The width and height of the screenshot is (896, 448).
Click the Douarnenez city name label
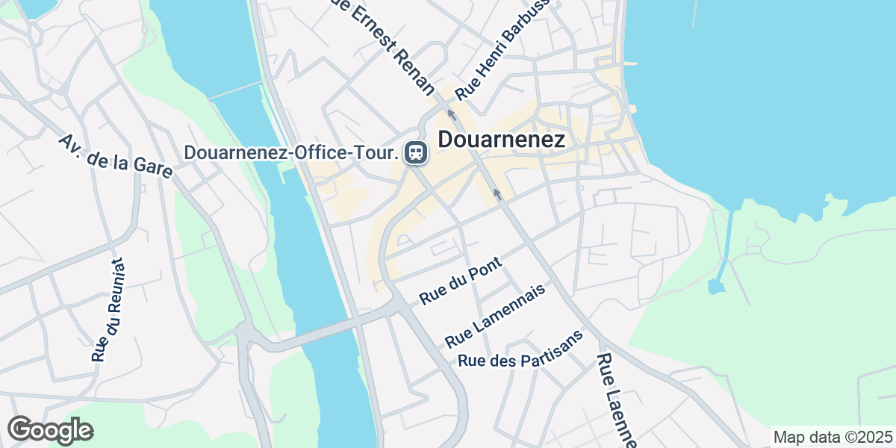[501, 140]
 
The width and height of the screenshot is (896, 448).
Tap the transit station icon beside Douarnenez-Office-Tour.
[414, 153]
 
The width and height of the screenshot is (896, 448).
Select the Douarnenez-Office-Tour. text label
[290, 153]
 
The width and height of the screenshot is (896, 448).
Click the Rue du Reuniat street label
[108, 310]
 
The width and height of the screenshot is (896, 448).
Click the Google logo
[50, 430]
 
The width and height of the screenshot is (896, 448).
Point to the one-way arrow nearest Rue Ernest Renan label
[451, 114]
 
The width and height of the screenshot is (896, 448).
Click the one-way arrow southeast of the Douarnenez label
[496, 195]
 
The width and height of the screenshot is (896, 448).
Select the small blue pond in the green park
[715, 287]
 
